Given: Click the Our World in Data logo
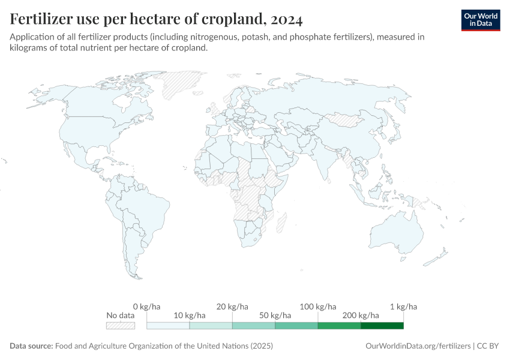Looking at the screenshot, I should (x=480, y=19).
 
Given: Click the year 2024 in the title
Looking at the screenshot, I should (x=286, y=19).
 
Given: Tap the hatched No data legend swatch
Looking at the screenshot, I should (x=120, y=325).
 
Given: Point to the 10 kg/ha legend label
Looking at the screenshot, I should (x=190, y=316).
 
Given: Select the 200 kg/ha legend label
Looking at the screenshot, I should (x=361, y=316).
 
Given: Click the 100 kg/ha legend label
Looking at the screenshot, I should (x=318, y=307).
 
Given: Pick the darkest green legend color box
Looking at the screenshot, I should (x=382, y=325).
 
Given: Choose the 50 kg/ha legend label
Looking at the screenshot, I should (x=275, y=316).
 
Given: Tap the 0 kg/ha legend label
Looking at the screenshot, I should (x=146, y=307).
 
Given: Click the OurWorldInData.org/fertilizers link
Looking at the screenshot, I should (x=418, y=346).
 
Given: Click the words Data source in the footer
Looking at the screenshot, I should (x=31, y=346).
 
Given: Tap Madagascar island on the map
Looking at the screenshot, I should (x=280, y=219).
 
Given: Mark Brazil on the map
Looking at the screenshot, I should (x=153, y=207).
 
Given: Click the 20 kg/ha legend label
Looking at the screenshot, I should (x=232, y=307).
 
